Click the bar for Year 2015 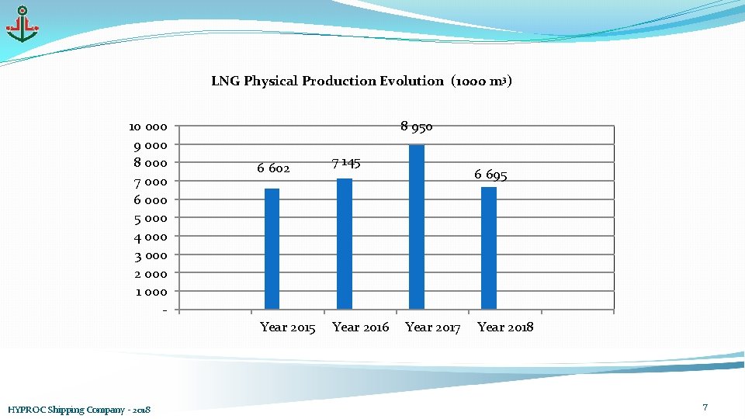pos(272,248)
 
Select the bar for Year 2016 pos(344,244)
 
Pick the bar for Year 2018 pos(488,248)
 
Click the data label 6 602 pos(273,168)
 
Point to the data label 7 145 pos(345,162)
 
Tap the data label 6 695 pos(490,175)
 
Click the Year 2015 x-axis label pos(287,327)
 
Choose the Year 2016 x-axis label pos(360,327)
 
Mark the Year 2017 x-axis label pos(432,327)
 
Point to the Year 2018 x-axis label pos(505,327)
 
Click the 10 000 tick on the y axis pos(147,126)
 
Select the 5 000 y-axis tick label pos(151,218)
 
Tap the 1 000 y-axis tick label pos(151,292)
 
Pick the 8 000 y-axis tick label pos(151,163)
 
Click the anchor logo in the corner pos(22,25)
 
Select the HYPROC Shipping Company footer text pos(78,409)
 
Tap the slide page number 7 pos(705,407)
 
